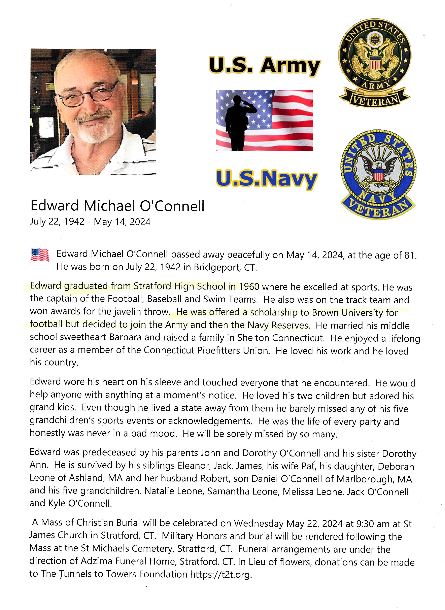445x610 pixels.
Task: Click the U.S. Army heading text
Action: [264, 65]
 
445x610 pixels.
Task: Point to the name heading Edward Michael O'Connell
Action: [117, 206]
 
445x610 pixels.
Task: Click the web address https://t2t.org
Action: [221, 574]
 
